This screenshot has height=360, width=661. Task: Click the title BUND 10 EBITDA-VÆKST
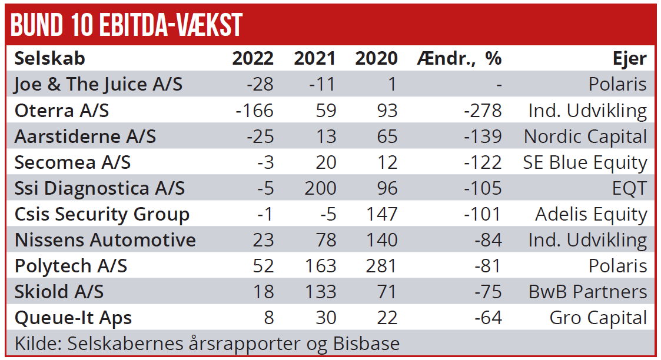(x=127, y=25)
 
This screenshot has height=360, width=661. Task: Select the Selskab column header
(x=49, y=58)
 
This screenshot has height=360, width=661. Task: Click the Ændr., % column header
(x=459, y=58)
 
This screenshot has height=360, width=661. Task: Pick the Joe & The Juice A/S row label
(x=98, y=85)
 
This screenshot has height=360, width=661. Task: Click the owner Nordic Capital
(x=585, y=136)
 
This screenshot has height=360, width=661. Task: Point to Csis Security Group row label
(x=102, y=214)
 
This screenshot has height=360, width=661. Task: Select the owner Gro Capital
(x=598, y=318)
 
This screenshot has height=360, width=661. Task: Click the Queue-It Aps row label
(x=73, y=318)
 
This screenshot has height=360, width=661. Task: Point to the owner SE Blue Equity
(x=584, y=162)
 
